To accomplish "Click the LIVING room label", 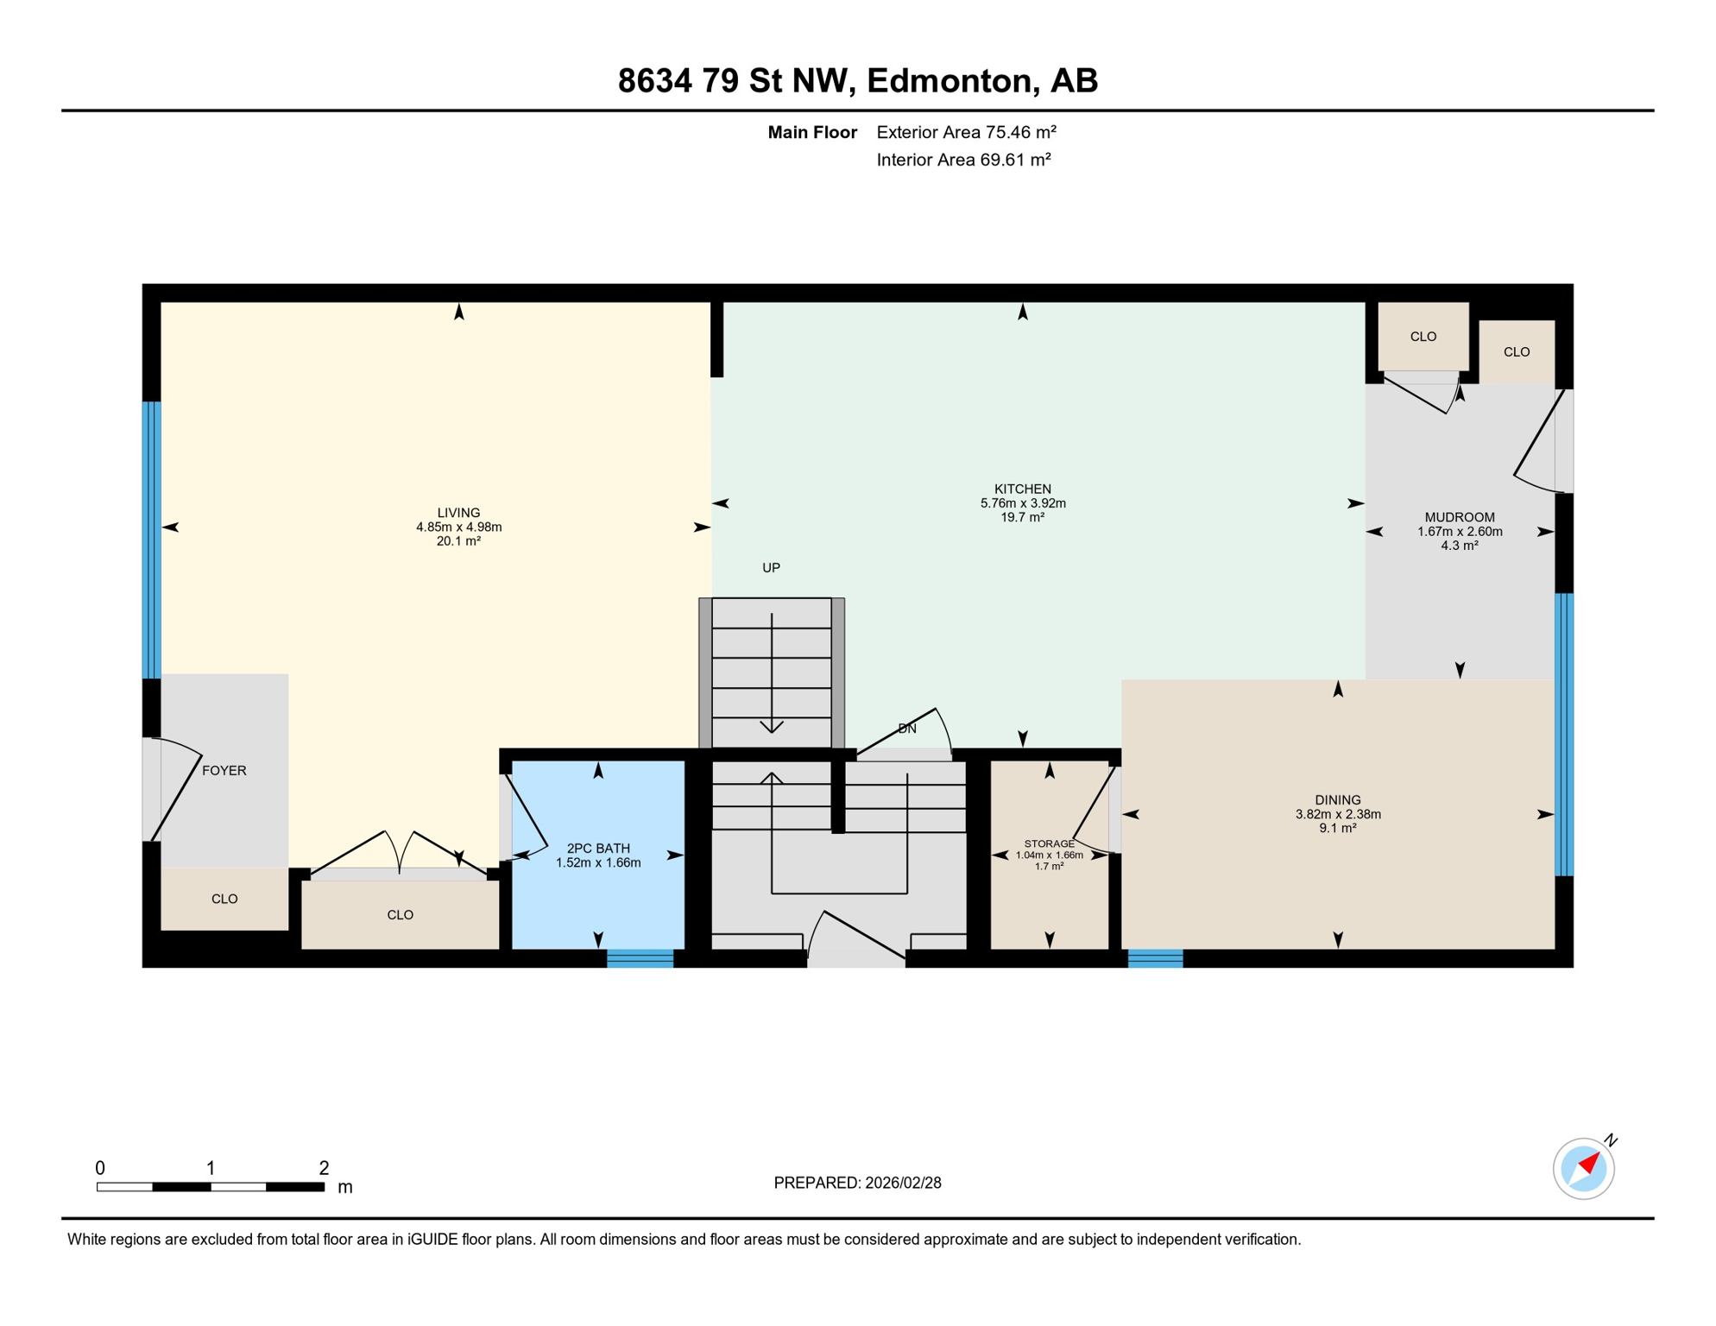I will [458, 513].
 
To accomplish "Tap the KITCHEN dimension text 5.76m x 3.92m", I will [1023, 503].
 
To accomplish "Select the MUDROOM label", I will [1460, 517].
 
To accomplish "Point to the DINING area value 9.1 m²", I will [1338, 828].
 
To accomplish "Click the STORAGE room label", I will [1049, 843].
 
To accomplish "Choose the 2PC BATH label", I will [598, 849].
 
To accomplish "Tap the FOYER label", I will [224, 770].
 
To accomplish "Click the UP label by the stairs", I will [771, 567].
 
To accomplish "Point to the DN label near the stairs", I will [907, 729].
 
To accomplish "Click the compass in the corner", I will [1583, 1169].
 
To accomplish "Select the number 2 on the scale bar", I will [324, 1168].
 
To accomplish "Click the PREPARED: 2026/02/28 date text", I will [857, 1183].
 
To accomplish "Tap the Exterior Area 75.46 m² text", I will [966, 132].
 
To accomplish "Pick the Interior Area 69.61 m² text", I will [963, 160].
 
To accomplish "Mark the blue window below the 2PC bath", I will [640, 958].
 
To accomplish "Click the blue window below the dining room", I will [1155, 958].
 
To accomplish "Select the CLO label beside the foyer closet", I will [224, 899].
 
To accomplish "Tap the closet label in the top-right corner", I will [1517, 351].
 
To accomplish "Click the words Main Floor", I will [812, 132].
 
